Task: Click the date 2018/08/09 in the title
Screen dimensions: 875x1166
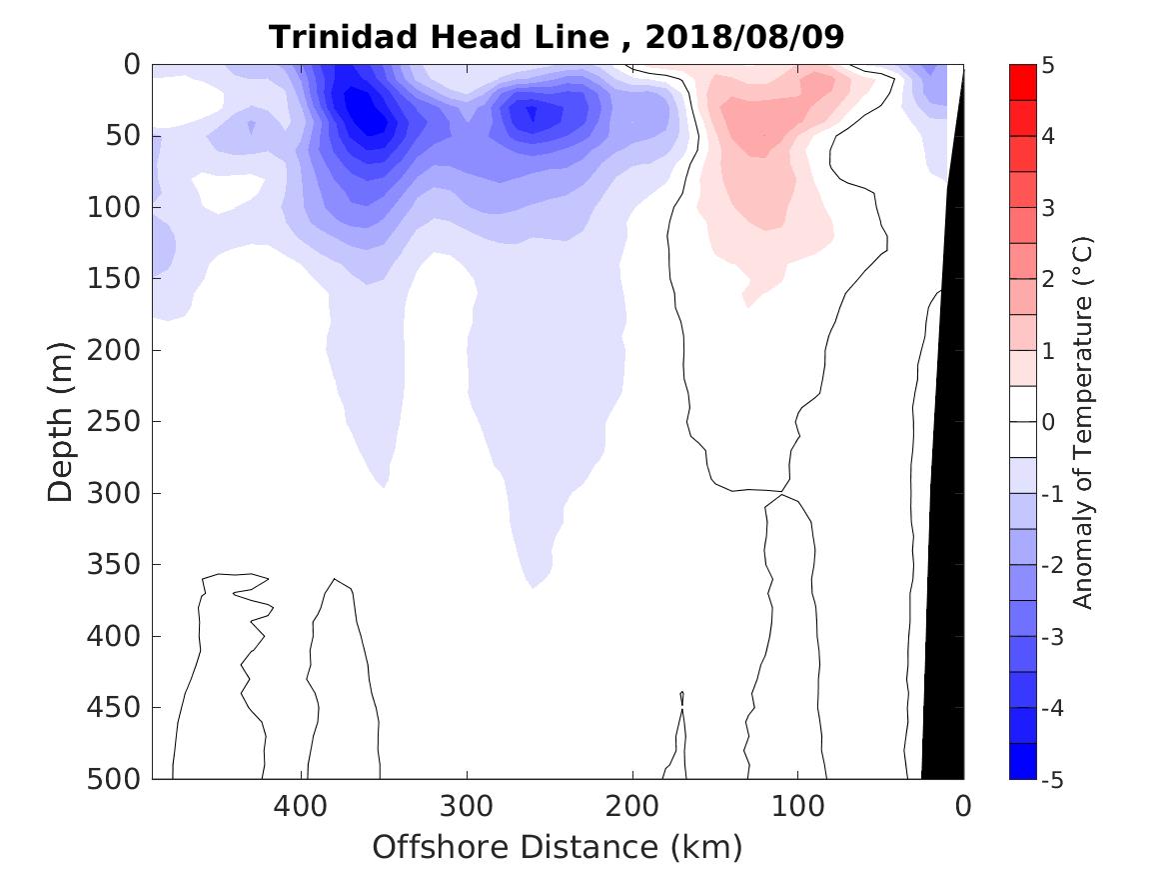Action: click(x=745, y=37)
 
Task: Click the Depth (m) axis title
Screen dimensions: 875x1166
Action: click(x=61, y=422)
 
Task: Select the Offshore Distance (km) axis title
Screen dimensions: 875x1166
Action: click(x=558, y=848)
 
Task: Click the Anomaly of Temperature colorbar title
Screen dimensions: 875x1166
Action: click(x=1083, y=422)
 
